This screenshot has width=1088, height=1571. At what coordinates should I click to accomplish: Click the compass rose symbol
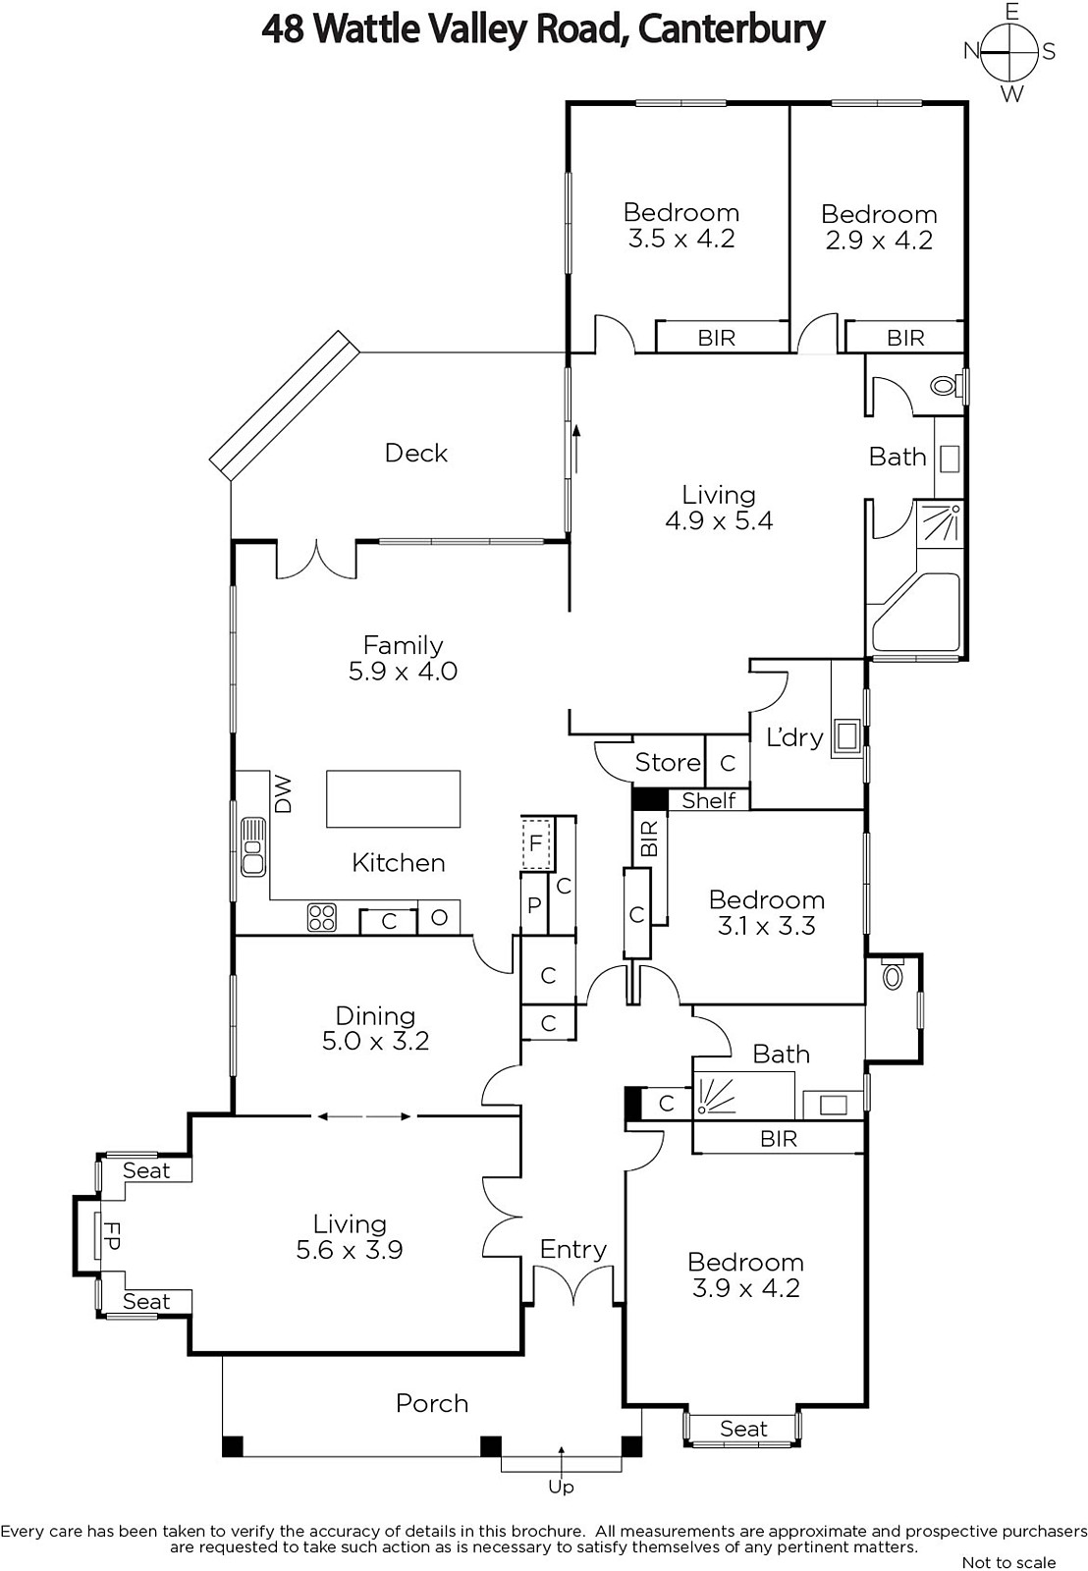(x=1008, y=52)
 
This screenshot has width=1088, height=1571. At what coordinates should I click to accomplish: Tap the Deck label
(x=416, y=453)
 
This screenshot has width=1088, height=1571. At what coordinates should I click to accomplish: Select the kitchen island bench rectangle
(x=393, y=798)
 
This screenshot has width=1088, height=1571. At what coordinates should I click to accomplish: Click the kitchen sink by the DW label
(x=253, y=846)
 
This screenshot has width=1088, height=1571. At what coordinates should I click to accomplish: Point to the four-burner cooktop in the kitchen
(x=321, y=917)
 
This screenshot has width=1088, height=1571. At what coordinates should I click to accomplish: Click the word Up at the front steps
(x=562, y=1487)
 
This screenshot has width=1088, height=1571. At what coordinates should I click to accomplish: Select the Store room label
(x=668, y=762)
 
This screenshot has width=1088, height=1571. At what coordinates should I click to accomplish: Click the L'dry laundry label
(x=794, y=737)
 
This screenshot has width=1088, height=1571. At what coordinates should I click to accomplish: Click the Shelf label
(x=709, y=800)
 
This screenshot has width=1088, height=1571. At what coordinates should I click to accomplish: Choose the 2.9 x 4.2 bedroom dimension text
(x=879, y=241)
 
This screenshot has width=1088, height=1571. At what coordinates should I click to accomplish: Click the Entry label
(x=573, y=1249)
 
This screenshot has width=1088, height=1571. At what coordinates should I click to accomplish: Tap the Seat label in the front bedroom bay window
(x=743, y=1429)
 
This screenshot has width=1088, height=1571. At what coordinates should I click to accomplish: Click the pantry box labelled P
(x=534, y=903)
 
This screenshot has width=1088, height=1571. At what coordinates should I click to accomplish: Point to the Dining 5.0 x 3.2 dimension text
(x=375, y=1041)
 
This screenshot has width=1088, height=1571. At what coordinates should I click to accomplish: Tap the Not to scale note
(x=1008, y=1562)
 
